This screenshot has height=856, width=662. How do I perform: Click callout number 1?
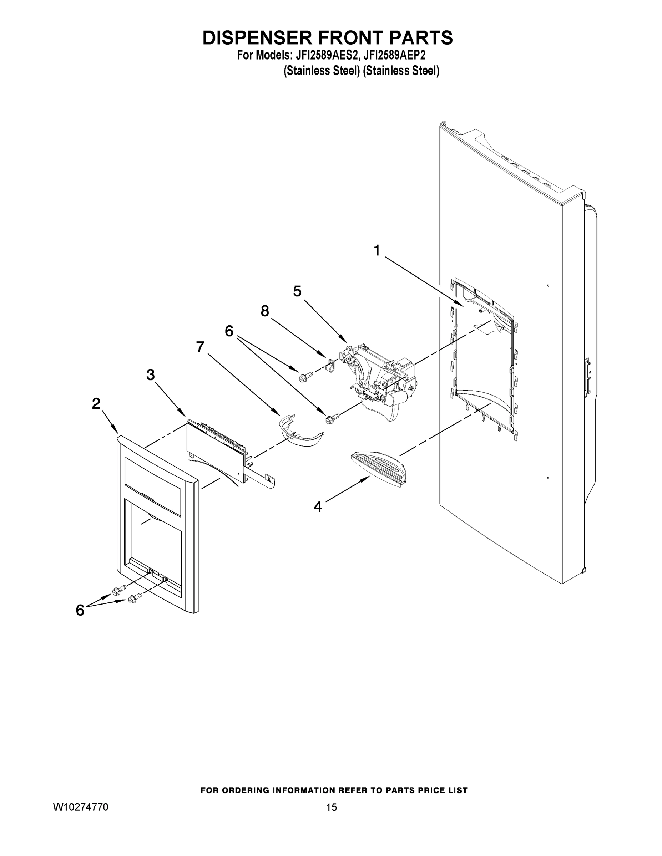click(x=377, y=250)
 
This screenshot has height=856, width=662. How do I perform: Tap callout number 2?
click(x=96, y=404)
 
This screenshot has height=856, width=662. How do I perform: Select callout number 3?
click(x=151, y=375)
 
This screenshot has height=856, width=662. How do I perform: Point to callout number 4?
click(x=318, y=507)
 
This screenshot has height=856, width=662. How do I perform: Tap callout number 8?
click(x=265, y=311)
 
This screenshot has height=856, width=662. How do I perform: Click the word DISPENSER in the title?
click(x=257, y=38)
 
